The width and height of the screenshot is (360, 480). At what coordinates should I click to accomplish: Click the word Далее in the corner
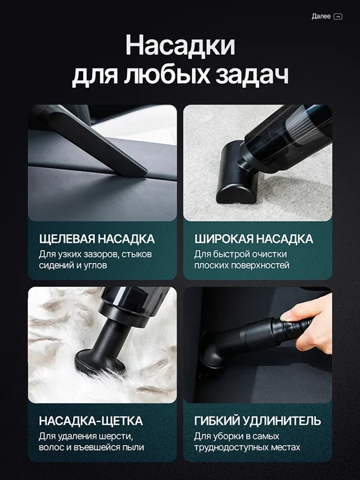pos(321,16)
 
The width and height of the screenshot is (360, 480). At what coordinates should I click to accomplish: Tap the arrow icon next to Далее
pos(338,17)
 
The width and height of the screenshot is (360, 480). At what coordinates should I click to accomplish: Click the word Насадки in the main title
pos(180,45)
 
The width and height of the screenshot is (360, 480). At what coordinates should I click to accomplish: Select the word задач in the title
pos(252,75)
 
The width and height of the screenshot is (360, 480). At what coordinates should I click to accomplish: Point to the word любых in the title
pos(167,75)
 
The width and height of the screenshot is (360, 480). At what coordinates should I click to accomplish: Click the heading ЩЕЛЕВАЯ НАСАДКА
pos(97,239)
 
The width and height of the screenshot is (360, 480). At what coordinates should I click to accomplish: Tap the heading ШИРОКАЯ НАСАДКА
pos(254,239)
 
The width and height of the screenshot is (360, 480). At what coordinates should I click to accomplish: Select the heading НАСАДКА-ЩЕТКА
pos(91,421)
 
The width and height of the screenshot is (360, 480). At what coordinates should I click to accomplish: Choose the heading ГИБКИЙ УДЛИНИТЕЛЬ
pos(257,421)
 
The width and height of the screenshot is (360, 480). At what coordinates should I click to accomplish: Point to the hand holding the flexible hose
pos(309,322)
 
